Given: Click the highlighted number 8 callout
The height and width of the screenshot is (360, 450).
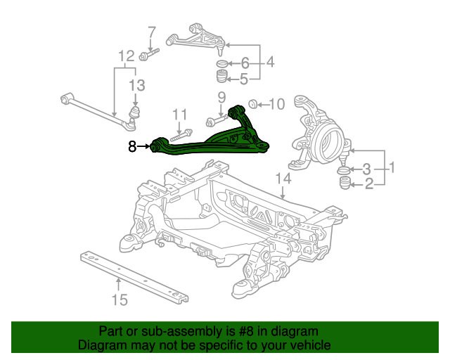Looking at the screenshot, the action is pyautogui.click(x=132, y=146).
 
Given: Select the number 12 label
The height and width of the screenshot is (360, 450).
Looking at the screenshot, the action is pyautogui.click(x=127, y=56).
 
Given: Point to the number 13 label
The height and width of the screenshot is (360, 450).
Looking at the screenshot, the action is pyautogui.click(x=137, y=85).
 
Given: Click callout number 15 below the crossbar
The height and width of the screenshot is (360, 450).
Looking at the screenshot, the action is pyautogui.click(x=120, y=300).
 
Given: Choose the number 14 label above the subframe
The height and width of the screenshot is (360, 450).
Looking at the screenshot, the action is pyautogui.click(x=283, y=179).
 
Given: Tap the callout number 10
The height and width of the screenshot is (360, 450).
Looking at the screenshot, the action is pyautogui.click(x=276, y=104).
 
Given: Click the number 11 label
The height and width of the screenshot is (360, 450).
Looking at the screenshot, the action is pyautogui.click(x=180, y=115).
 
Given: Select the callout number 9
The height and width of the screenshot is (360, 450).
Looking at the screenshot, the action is pyautogui.click(x=222, y=98).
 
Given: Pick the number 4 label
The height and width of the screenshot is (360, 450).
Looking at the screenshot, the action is pyautogui.click(x=270, y=62).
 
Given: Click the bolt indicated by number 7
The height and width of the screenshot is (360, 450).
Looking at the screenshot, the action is pyautogui.click(x=148, y=54).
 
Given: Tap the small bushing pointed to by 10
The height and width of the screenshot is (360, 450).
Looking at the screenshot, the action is pyautogui.click(x=252, y=104).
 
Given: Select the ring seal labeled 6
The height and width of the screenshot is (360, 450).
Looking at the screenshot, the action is pyautogui.click(x=221, y=63).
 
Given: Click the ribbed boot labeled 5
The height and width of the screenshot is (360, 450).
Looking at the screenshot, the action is pyautogui.click(x=221, y=76).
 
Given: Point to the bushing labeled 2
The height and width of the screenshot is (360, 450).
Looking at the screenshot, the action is pyautogui.click(x=345, y=183).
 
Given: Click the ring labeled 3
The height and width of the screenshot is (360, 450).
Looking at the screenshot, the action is pyautogui.click(x=343, y=170).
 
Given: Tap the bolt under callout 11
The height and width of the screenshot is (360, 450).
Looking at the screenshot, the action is pyautogui.click(x=181, y=135).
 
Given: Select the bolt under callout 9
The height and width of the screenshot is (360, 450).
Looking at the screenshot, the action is pyautogui.click(x=217, y=120).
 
